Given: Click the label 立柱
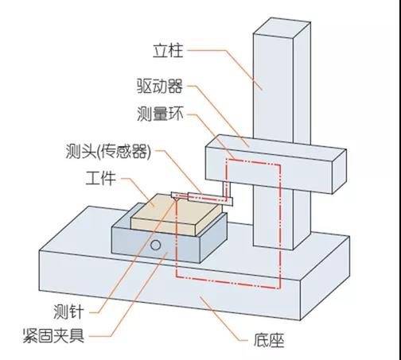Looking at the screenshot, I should tap(167, 52).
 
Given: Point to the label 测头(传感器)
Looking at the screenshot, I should tap(109, 150).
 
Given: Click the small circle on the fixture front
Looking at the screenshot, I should tap(157, 245).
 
